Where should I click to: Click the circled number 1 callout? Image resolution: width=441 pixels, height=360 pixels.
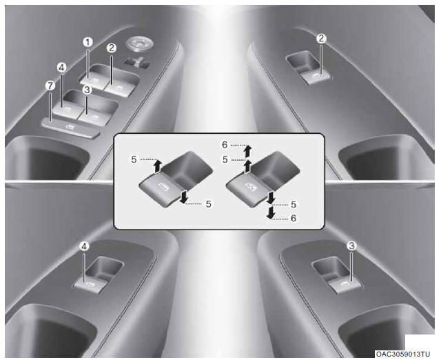click(x=88, y=43)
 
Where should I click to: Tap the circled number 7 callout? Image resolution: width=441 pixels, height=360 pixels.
click(x=50, y=86)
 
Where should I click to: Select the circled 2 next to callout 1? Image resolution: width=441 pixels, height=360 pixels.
click(x=112, y=48)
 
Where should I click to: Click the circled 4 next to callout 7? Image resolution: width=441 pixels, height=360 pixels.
click(x=61, y=68)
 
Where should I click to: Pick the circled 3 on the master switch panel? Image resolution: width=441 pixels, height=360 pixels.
click(x=87, y=90)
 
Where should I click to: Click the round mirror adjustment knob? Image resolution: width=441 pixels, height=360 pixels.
click(x=139, y=43)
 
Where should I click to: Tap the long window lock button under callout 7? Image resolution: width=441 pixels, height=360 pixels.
click(x=70, y=128)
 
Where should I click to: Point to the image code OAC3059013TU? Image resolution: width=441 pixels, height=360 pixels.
click(x=403, y=354)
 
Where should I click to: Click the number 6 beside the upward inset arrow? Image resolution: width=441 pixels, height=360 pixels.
click(x=225, y=145)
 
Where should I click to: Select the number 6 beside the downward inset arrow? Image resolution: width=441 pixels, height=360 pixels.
click(x=294, y=218)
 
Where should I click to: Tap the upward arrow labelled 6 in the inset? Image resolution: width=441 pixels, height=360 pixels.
click(x=247, y=151)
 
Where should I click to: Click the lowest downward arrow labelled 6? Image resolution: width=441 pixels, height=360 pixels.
click(x=271, y=212)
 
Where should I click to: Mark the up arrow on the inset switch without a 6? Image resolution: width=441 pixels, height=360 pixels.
click(x=158, y=166)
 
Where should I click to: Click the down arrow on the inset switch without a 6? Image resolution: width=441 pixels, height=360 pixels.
click(x=184, y=197)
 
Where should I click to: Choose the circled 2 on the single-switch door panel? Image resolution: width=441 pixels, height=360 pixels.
click(x=321, y=39)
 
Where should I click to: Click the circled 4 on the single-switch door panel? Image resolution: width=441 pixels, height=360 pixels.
click(x=84, y=247)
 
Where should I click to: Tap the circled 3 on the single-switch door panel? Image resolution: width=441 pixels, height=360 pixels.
click(x=351, y=246)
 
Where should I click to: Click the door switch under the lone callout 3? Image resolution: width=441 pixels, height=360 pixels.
click(x=345, y=286)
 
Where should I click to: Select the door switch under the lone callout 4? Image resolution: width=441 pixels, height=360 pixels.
click(x=90, y=286)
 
